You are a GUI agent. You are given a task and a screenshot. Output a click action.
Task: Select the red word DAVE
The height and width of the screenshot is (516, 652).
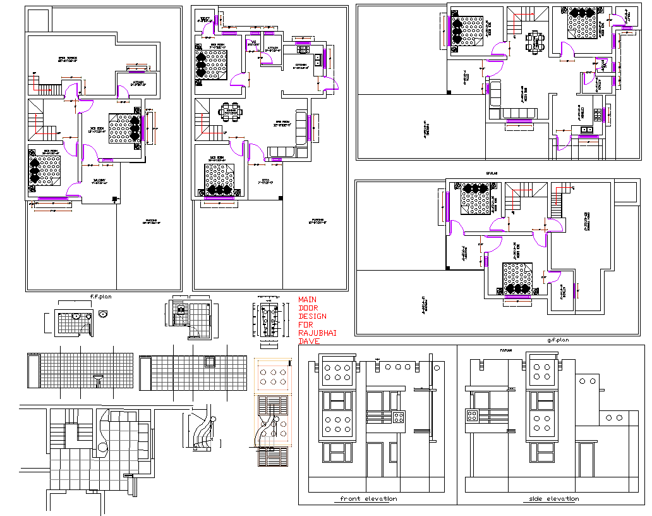coord(309,341)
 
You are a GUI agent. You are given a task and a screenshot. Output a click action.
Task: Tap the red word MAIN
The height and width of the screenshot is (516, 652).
coord(307,300)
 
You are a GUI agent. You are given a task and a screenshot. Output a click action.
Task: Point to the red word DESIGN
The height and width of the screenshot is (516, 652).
coord(312,316)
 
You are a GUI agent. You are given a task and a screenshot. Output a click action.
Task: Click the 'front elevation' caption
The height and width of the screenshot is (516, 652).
coord(368,499)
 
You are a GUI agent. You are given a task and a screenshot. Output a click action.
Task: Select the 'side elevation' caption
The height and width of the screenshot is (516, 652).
coord(553,499)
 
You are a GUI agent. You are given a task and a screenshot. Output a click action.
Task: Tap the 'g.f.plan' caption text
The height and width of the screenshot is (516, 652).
coord(558,340)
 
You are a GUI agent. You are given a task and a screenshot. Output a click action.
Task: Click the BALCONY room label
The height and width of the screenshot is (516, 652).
coord(99,181)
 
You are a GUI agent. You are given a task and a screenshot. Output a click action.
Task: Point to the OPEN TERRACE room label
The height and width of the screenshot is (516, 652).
coord(67,59)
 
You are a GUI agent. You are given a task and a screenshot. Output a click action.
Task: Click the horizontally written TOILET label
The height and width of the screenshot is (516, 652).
coord(204,18)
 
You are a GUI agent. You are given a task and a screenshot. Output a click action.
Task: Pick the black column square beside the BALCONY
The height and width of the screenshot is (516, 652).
coord(114,200)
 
